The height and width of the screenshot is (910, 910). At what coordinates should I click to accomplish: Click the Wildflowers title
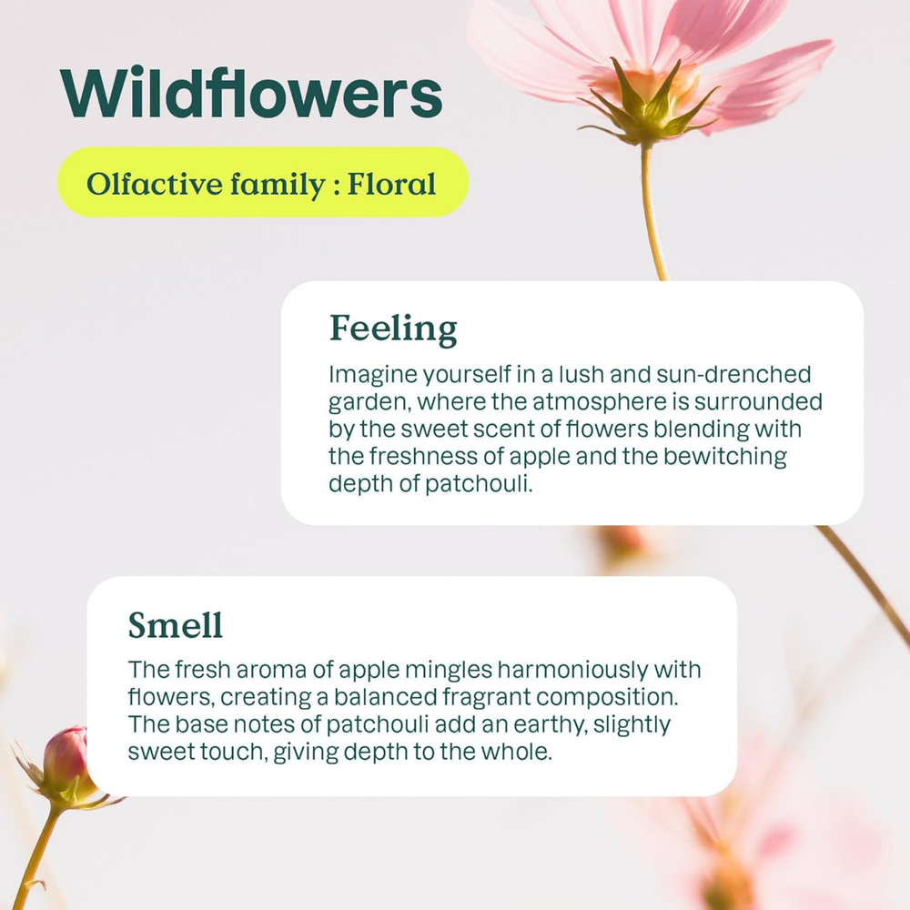click(x=251, y=93)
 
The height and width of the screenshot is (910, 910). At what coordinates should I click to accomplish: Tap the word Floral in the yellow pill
click(x=391, y=184)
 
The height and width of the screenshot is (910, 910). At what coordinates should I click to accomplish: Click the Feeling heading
click(x=393, y=329)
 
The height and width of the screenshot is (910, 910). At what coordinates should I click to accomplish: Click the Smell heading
click(x=176, y=625)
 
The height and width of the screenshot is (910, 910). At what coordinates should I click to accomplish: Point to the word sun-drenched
click(x=733, y=374)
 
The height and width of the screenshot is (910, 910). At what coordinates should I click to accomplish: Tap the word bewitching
click(x=725, y=457)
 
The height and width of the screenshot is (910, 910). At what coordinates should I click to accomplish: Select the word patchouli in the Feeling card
click(x=479, y=484)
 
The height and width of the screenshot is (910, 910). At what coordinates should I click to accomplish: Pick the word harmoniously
click(x=572, y=671)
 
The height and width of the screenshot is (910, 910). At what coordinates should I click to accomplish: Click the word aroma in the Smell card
click(x=271, y=671)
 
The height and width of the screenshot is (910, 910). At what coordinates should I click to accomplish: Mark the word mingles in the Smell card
click(x=449, y=671)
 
